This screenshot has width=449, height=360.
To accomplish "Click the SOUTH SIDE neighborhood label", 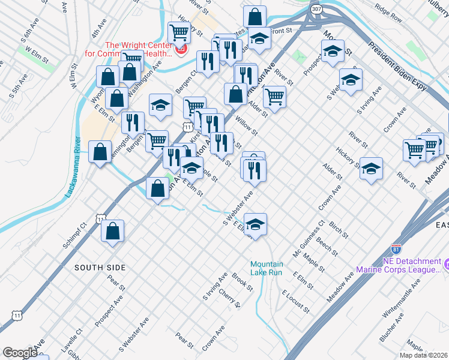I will (x=100, y=266).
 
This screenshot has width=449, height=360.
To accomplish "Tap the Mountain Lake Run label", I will (x=266, y=268).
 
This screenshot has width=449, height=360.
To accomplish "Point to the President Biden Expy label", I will (x=397, y=68).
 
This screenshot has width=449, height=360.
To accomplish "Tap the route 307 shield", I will (x=316, y=9).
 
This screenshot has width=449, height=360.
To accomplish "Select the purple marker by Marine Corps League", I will (x=446, y=263).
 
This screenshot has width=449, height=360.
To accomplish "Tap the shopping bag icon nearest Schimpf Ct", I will (x=112, y=232).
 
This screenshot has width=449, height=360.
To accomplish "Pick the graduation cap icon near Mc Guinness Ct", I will (x=256, y=225).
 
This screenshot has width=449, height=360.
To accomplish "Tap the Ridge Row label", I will (x=388, y=15).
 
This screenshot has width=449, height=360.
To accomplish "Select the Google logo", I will (x=20, y=353).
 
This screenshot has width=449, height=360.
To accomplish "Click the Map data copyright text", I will (x=423, y=355).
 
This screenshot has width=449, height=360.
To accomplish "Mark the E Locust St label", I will (x=295, y=301).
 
